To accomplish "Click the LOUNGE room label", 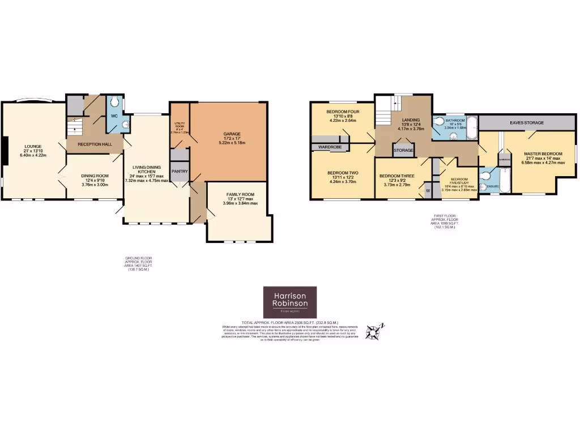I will point(33,146).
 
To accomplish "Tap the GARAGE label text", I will point(228,134).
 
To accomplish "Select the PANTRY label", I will point(180,171).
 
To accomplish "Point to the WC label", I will point(113,116).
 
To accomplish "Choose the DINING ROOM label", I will point(95,176).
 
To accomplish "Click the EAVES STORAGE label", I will point(526,122).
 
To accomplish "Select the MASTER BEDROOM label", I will point(543,154).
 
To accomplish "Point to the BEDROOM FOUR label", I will point(342,112).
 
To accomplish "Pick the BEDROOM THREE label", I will point(396,176).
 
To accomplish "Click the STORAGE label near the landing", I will point(403,150).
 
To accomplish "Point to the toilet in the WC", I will point(115,102).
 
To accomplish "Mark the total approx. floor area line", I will point(289,322).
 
